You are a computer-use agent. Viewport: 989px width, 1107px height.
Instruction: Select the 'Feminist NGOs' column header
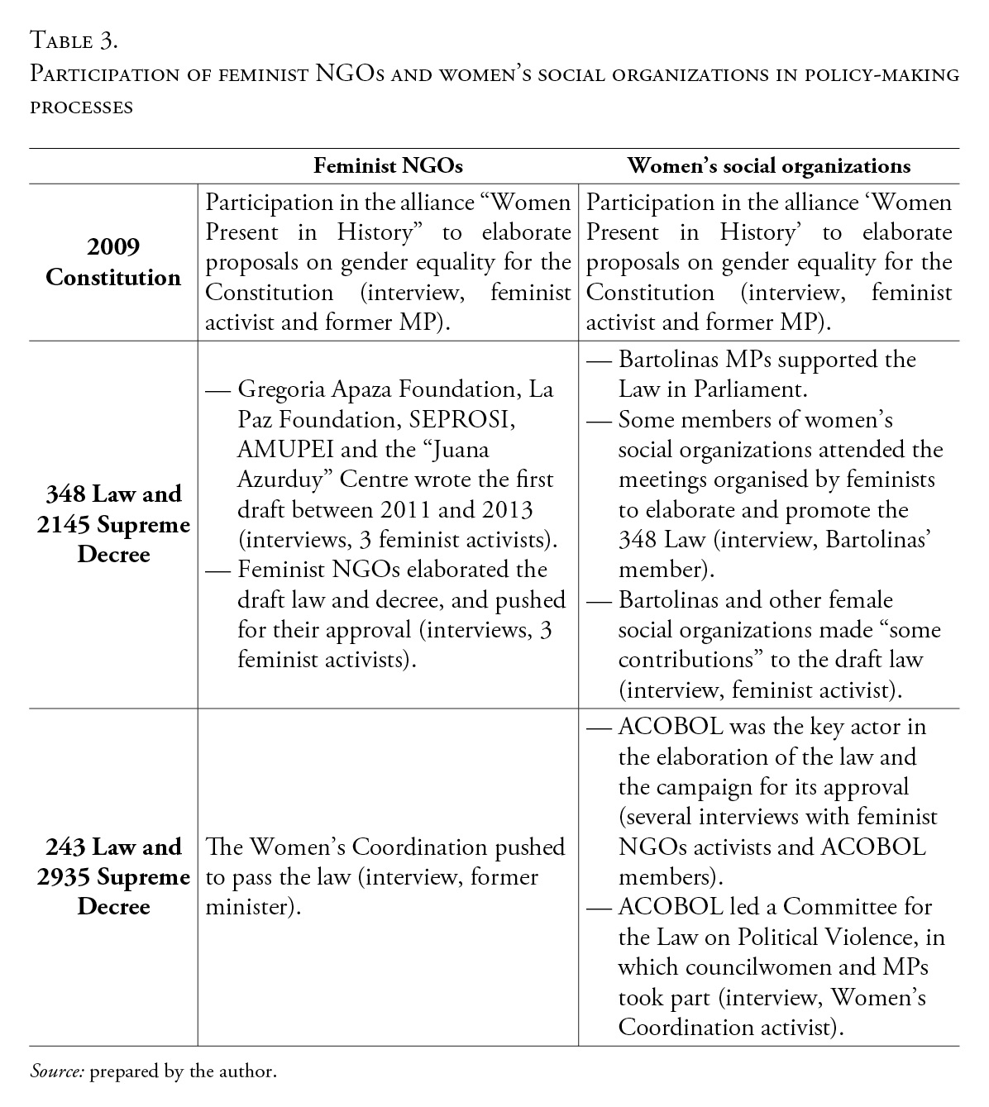pyautogui.click(x=388, y=166)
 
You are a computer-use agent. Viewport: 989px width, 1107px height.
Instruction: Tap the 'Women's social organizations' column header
pyautogui.click(x=768, y=166)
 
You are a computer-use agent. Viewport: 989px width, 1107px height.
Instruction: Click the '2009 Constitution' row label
pyautogui.click(x=113, y=262)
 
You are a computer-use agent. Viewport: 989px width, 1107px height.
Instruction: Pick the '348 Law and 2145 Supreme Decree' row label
pyautogui.click(x=113, y=524)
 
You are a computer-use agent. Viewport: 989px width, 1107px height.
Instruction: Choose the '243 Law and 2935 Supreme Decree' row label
pyautogui.click(x=113, y=876)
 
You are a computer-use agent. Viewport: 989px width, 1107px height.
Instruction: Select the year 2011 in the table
pyautogui.click(x=426, y=510)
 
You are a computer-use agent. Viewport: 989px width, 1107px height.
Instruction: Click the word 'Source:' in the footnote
pyautogui.click(x=57, y=1071)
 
